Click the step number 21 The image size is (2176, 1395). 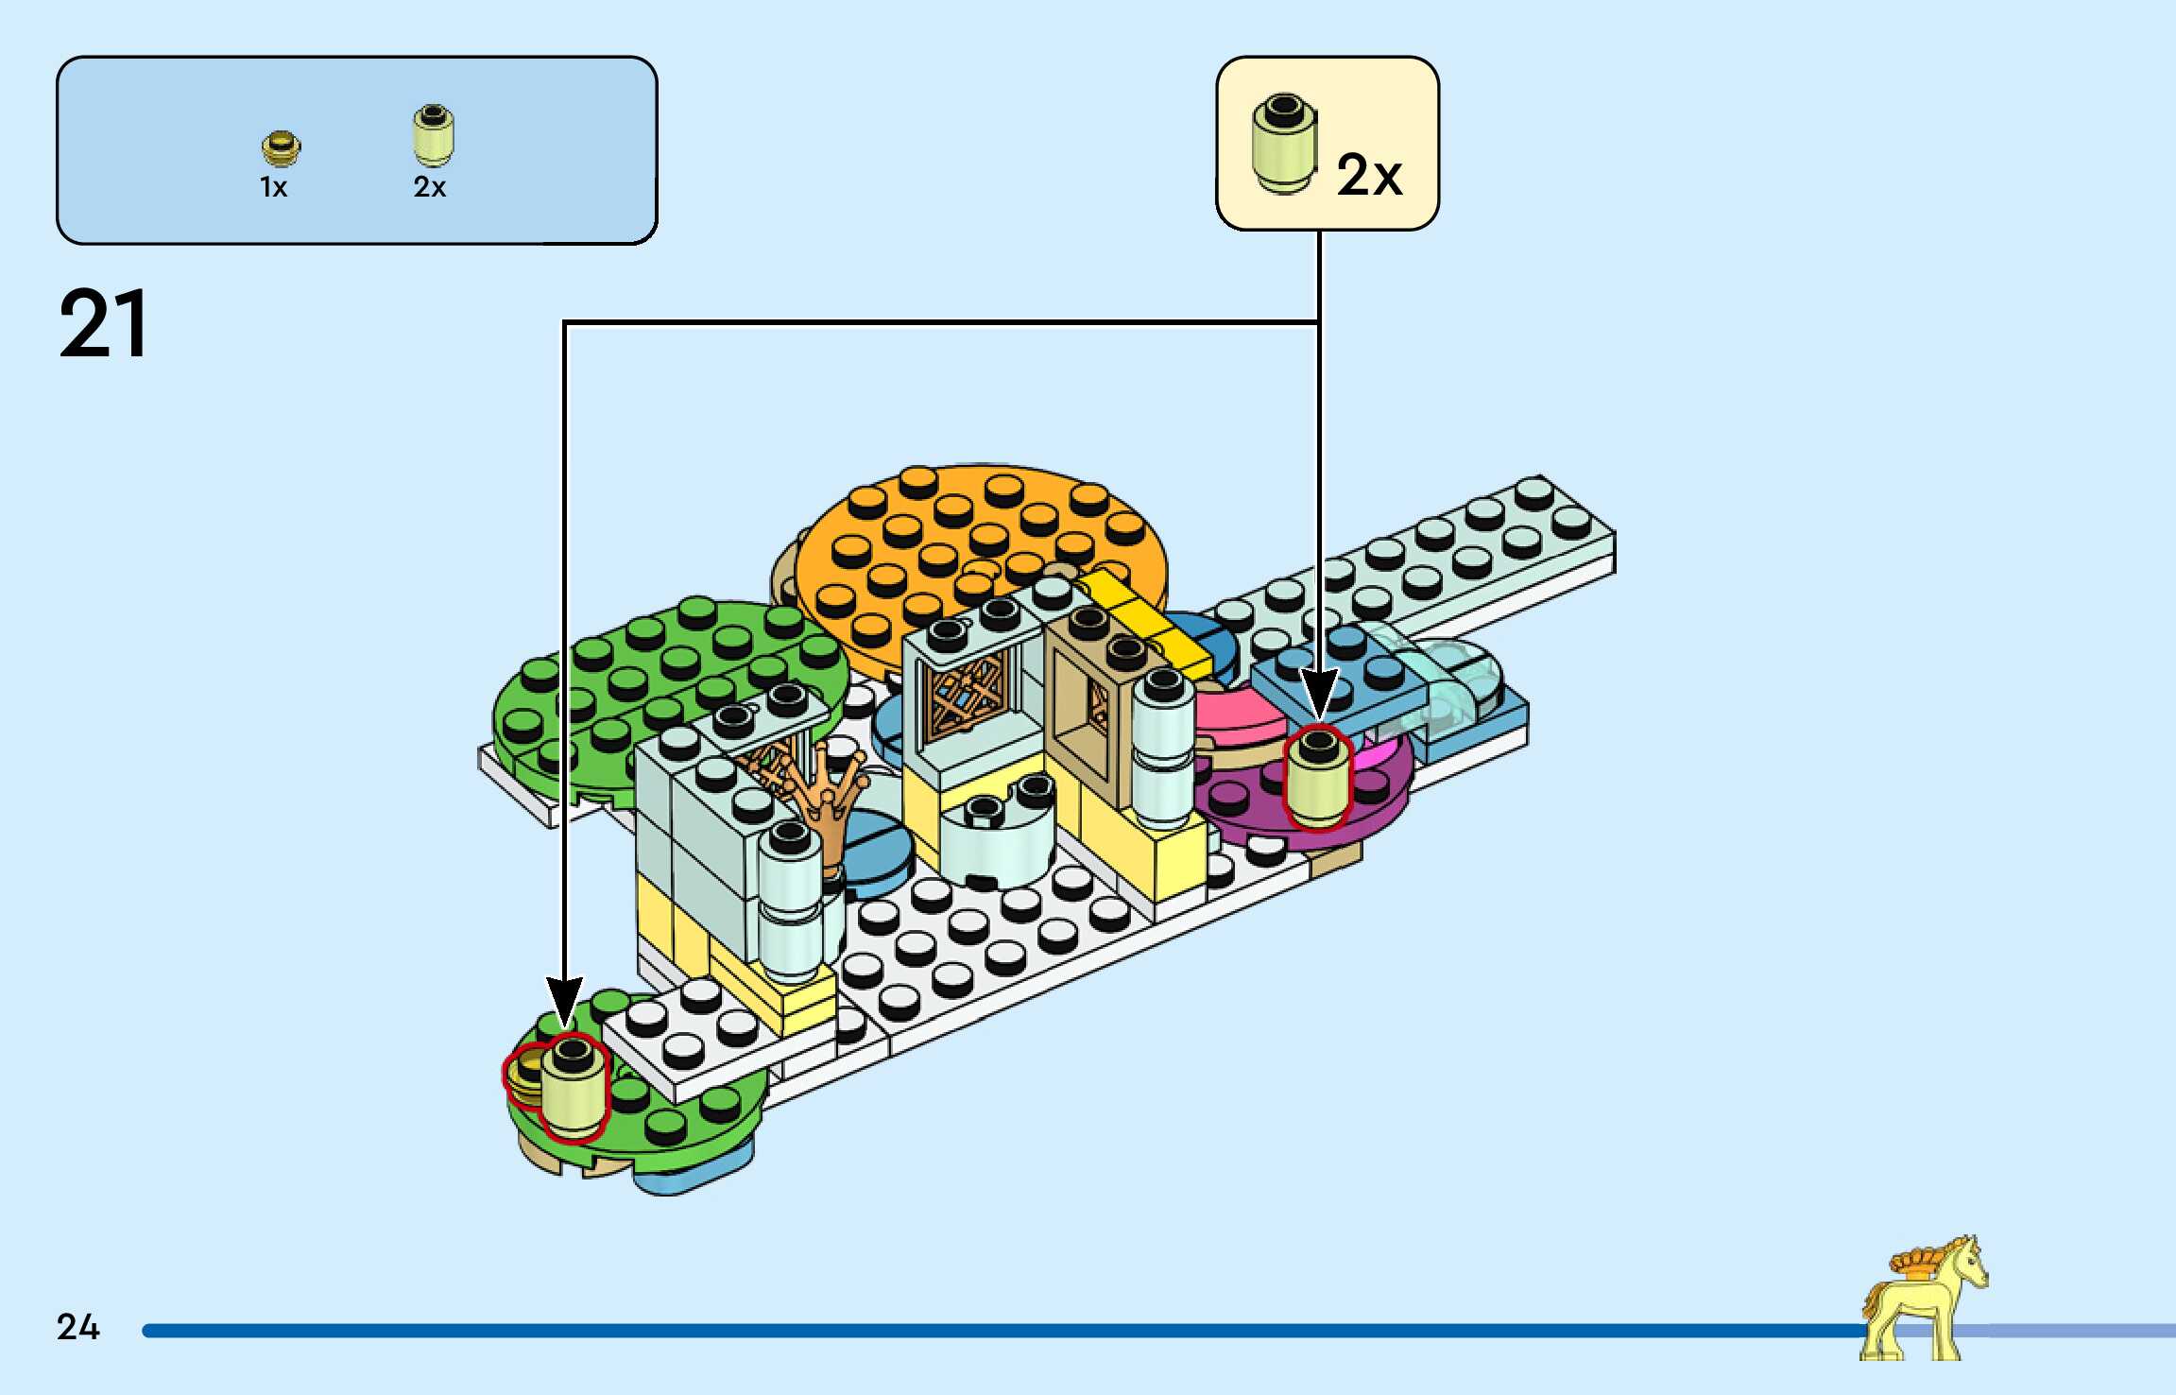[104, 324]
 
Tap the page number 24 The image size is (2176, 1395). [77, 1326]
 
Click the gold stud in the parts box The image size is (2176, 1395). [281, 148]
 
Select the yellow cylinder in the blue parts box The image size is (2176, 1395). [433, 135]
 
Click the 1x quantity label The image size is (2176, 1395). [273, 187]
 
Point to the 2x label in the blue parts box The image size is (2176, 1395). [429, 187]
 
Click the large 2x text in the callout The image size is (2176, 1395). [1368, 175]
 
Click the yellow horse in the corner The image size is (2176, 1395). [1923, 1300]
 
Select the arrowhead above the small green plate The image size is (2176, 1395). [564, 1002]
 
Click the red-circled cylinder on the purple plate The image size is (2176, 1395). [1318, 779]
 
